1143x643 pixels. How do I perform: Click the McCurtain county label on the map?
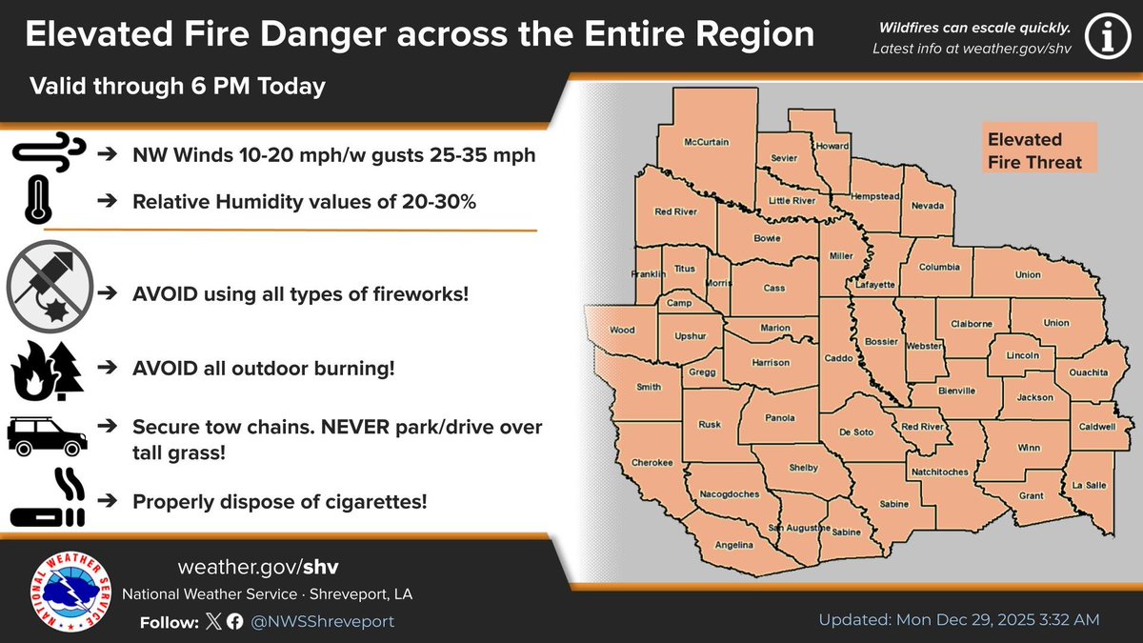(706, 142)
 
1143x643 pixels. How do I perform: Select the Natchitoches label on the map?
(940, 472)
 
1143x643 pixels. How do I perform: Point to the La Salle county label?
(1090, 485)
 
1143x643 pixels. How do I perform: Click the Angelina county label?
(735, 545)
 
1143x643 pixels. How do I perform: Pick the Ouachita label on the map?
(1086, 372)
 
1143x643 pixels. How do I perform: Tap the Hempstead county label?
(874, 195)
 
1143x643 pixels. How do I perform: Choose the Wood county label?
(622, 331)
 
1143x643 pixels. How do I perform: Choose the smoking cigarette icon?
(49, 499)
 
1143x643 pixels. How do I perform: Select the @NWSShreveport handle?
(323, 621)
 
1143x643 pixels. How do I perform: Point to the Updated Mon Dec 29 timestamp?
(959, 619)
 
